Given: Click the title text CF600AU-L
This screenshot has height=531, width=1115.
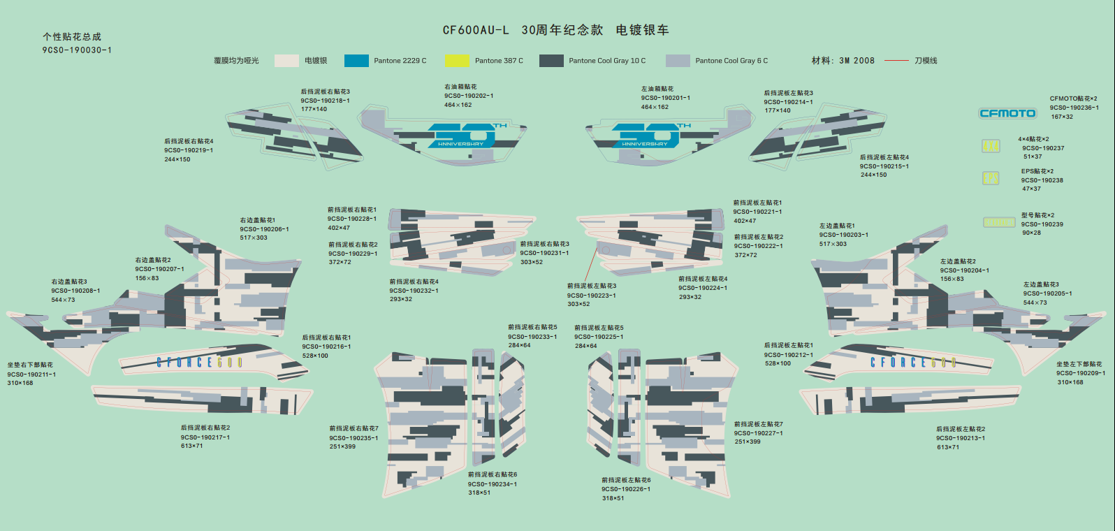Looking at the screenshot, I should (476, 30).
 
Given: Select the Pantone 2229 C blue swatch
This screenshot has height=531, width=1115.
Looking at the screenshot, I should (356, 61).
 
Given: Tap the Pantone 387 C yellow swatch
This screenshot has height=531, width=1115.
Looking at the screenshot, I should (458, 61).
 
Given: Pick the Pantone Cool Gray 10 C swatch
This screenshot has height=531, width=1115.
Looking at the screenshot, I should (551, 61).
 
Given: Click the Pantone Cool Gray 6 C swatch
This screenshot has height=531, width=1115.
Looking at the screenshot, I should (678, 61).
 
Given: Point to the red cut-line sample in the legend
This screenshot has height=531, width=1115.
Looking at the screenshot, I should (896, 61).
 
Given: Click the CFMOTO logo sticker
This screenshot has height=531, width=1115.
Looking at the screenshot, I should (1007, 113).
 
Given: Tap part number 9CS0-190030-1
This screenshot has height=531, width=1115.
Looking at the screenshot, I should (77, 50).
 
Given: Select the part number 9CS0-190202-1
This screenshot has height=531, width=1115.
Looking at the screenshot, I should (469, 96).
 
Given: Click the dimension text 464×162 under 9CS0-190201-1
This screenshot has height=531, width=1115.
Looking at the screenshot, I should (655, 107).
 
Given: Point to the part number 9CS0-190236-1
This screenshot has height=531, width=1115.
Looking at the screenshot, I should (1074, 108).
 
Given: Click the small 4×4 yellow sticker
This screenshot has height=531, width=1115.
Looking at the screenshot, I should (991, 146).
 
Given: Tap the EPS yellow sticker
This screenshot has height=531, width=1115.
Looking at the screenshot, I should (991, 178).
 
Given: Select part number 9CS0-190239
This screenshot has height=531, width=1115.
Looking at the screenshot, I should (1042, 224).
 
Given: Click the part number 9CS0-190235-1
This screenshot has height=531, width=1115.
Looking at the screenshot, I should (354, 438).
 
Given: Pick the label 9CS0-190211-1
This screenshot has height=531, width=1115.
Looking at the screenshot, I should (31, 374).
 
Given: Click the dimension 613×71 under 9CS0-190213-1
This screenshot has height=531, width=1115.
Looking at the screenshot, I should (948, 447).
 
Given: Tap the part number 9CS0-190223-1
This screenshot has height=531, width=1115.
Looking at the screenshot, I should (592, 295).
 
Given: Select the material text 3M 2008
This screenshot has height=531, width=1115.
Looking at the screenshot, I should (857, 61).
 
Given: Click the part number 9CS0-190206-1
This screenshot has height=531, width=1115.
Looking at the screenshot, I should (264, 229).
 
